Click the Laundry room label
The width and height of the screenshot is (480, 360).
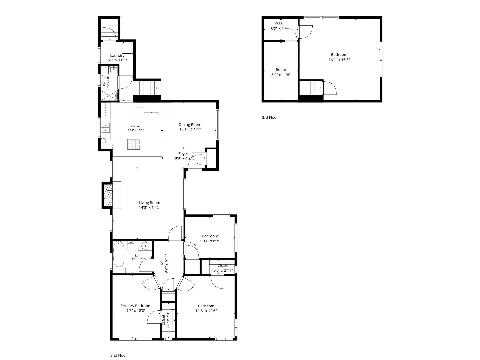pos(117,56)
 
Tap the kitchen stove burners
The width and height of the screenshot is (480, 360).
pos(134,144)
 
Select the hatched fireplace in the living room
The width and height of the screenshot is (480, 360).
pos(108,195)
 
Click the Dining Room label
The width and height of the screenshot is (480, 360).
pos(190,125)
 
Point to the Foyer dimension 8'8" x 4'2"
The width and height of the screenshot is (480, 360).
pos(183,158)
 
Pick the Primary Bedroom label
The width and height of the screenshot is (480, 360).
pos(136,306)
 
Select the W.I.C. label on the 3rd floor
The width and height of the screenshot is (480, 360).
pos(279,23)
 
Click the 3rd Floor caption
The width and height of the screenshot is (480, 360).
pos(270,117)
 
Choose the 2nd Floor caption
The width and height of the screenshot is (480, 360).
pos(119,355)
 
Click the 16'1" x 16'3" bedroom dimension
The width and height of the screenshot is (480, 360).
pos(339,60)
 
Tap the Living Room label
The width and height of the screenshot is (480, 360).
pos(149,203)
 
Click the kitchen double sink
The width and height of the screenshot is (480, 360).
pos(105,127)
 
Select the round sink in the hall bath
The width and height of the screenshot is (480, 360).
pos(145,246)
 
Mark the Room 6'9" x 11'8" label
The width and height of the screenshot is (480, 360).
pos(281,70)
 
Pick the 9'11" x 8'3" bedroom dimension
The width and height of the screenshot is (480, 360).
pos(210,241)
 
